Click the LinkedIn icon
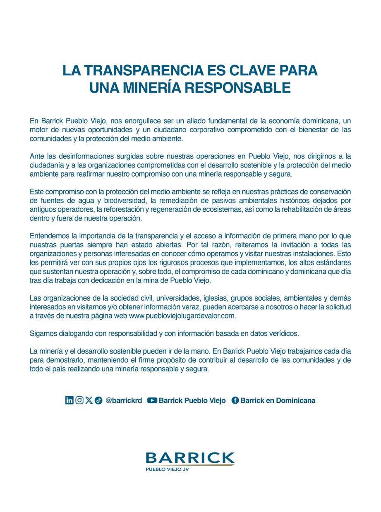pyautogui.click(x=69, y=400)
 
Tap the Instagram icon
pyautogui.click(x=79, y=400)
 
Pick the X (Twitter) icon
pyautogui.click(x=89, y=400)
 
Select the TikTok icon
pyautogui.click(x=98, y=400)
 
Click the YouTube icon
pyautogui.click(x=152, y=400)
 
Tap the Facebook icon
pyautogui.click(x=235, y=400)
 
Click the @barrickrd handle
pyautogui.click(x=124, y=400)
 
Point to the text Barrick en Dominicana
pyautogui.click(x=278, y=400)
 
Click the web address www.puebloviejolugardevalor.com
pyautogui.click(x=182, y=316)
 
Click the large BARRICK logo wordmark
pyautogui.click(x=190, y=458)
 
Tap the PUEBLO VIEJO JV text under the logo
pyautogui.click(x=167, y=470)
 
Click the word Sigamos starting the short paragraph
pyautogui.click(x=43, y=333)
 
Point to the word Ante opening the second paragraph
pyautogui.click(x=36, y=156)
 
